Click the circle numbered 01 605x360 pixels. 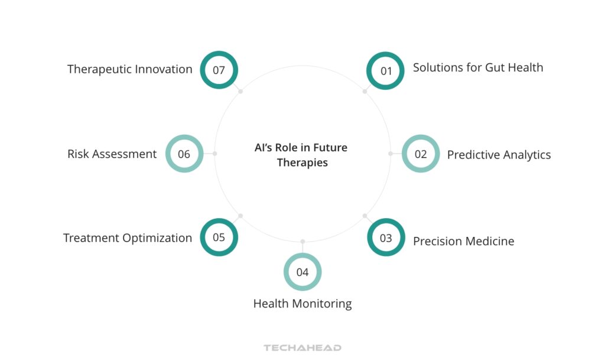tap(386, 70)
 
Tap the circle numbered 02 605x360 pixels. tap(420, 154)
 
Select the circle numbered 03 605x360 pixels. tap(386, 238)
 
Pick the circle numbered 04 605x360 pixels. tap(302, 272)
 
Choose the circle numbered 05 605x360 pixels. tap(219, 238)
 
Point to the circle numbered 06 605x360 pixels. tap(184, 154)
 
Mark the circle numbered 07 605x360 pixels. tap(219, 70)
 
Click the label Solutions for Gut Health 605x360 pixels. tap(477, 67)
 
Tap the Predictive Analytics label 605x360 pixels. tap(499, 155)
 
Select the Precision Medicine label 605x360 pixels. tap(463, 241)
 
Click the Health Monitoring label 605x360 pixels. tap(302, 304)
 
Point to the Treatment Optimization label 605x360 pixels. tap(128, 238)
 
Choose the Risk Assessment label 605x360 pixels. tap(112, 154)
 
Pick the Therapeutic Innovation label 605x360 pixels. tap(130, 69)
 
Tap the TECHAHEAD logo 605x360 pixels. tap(302, 348)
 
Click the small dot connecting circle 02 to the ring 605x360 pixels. tap(391, 154)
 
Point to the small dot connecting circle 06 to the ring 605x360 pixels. tap(214, 154)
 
